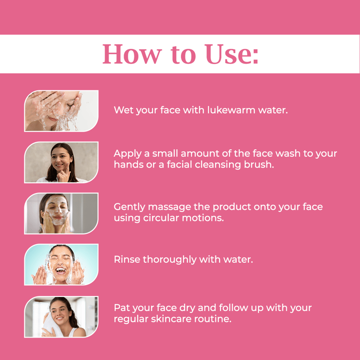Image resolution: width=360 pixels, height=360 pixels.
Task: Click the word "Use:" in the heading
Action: tap(232, 54)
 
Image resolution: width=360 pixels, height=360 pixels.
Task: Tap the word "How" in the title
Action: tap(132, 54)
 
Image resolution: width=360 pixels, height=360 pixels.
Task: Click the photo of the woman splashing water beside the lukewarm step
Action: tap(61, 111)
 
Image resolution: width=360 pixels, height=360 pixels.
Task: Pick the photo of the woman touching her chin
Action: tap(61, 162)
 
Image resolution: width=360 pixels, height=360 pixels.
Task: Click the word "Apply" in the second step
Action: tap(128, 154)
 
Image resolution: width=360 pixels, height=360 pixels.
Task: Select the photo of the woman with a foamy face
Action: tap(61, 213)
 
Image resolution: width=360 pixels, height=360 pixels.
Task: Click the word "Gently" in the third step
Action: tap(130, 207)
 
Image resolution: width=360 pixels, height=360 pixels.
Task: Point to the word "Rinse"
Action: tap(127, 260)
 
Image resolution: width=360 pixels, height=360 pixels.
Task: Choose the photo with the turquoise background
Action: tap(61, 265)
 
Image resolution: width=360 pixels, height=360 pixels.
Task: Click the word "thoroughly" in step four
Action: tap(170, 260)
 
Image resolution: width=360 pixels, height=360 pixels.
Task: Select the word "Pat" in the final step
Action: tap(121, 308)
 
